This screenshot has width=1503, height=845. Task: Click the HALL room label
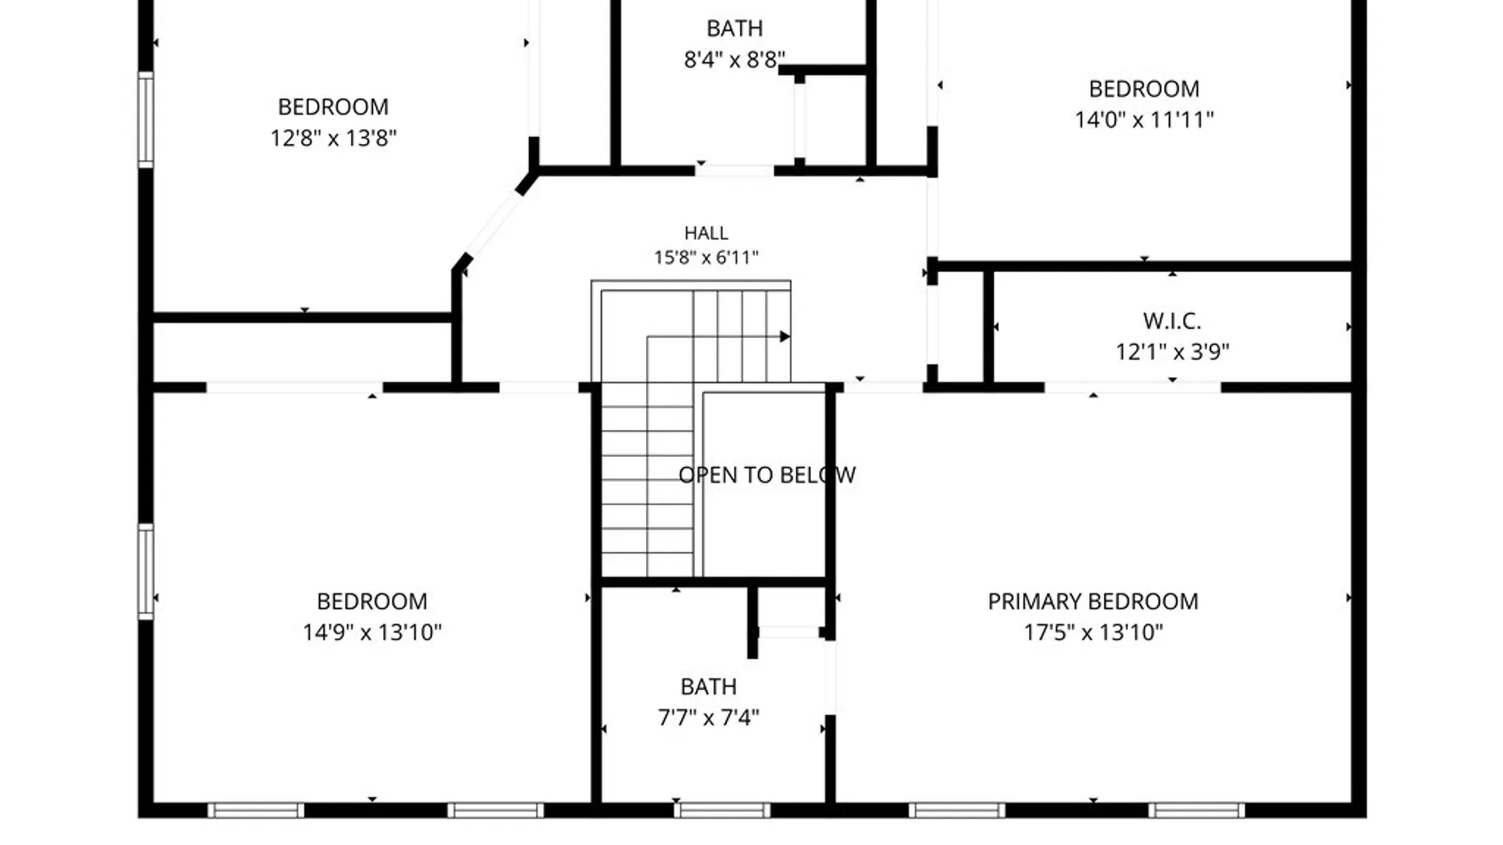click(706, 233)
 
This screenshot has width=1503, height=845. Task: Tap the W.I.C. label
click(1172, 321)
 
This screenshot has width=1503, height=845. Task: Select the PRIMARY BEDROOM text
click(1093, 602)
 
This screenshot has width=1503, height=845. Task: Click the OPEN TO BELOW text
click(767, 475)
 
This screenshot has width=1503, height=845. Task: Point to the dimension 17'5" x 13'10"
click(1094, 632)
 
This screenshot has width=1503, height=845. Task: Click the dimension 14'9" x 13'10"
click(373, 632)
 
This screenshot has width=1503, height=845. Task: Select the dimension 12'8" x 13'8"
click(333, 138)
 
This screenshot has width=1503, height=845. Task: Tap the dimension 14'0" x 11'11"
click(1144, 120)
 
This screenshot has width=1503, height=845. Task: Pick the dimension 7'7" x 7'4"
click(708, 717)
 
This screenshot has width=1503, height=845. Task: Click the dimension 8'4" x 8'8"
click(734, 59)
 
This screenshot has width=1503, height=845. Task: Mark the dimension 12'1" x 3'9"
click(1173, 352)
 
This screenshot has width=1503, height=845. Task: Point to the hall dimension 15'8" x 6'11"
click(706, 257)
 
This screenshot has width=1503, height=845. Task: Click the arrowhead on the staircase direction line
click(784, 336)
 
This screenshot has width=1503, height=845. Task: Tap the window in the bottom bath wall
click(722, 811)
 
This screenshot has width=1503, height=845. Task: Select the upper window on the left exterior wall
click(146, 120)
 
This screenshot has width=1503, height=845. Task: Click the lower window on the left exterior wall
click(146, 572)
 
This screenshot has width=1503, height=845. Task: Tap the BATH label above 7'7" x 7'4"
click(708, 687)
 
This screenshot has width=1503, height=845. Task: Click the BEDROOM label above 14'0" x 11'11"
click(1144, 89)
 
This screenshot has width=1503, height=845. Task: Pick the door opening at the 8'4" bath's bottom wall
click(734, 170)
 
